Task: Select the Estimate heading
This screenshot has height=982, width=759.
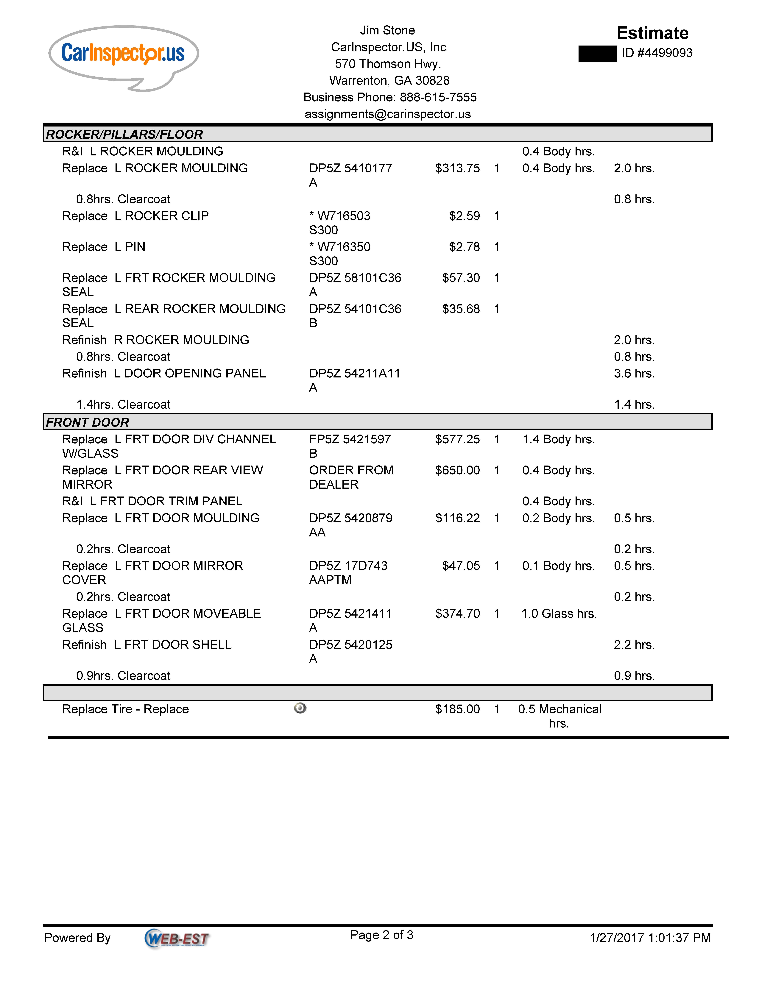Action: point(652,33)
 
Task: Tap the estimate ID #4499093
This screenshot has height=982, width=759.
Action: point(657,53)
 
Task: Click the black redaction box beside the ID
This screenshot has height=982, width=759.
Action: point(597,54)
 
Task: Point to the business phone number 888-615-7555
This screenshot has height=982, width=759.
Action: point(438,97)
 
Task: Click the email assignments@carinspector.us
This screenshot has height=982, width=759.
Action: point(388,114)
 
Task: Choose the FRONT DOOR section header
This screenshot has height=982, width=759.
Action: point(88,422)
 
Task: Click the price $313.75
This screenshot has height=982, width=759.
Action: point(457,168)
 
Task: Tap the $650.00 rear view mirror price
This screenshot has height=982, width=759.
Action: point(457,470)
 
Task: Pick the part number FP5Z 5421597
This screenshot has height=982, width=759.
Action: point(350,439)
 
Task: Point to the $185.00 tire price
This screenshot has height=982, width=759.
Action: point(457,709)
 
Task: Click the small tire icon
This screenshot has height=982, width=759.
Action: point(300,708)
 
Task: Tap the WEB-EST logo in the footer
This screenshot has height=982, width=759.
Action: point(177,938)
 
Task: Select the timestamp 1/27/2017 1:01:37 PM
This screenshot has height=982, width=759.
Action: point(650,938)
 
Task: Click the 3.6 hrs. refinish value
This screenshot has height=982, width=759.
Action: point(634,374)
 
